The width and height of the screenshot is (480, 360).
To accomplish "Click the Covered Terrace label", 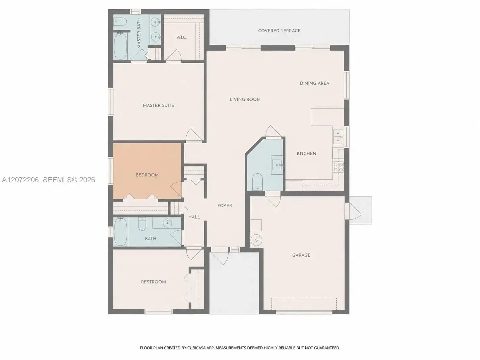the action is click(x=279, y=30).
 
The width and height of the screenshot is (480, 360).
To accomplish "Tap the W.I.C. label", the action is click(x=181, y=37).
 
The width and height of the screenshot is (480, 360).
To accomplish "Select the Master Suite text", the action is click(x=158, y=105).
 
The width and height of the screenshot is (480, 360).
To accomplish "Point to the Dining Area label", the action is click(x=315, y=83).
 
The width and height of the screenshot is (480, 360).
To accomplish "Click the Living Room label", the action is click(x=245, y=99).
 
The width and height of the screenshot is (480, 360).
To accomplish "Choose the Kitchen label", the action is click(x=307, y=153).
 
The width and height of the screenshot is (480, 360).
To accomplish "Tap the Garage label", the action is click(x=301, y=255).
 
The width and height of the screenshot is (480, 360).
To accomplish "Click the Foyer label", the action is click(x=224, y=206).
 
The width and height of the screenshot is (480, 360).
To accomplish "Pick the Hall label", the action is click(x=194, y=217).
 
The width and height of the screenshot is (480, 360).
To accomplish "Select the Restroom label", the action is click(x=153, y=282).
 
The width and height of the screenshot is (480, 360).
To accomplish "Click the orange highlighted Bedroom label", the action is click(x=147, y=175).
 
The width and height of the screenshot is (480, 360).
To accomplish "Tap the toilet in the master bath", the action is click(x=120, y=22).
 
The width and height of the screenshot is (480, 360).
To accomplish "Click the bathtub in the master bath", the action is click(x=120, y=46).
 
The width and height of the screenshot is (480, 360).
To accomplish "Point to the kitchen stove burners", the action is click(x=338, y=167).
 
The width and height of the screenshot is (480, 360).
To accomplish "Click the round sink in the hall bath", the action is click(x=167, y=223).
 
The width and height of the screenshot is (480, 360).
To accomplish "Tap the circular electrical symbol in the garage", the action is click(x=256, y=240).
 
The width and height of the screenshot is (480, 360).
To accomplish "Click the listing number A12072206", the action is click(x=20, y=180).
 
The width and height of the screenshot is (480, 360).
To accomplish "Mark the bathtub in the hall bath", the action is click(x=120, y=232).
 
